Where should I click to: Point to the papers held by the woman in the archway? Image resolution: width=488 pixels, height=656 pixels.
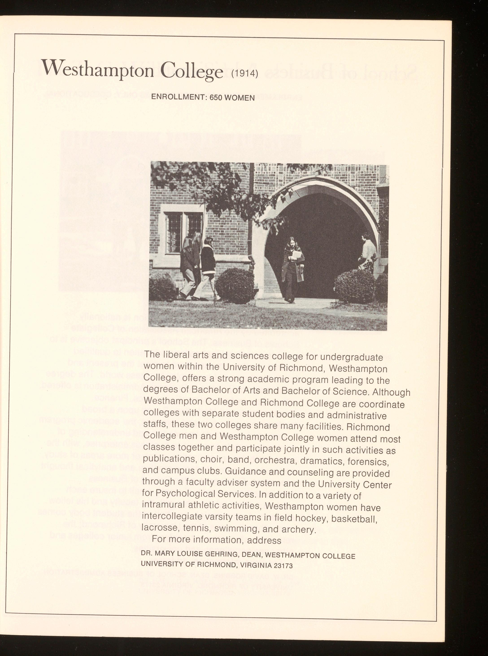(297, 255)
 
